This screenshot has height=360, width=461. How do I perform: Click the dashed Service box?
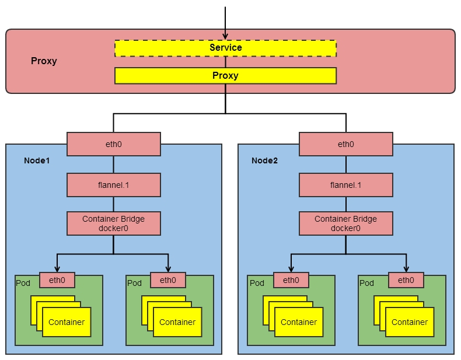pyautogui.click(x=225, y=48)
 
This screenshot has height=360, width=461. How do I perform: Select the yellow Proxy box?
pyautogui.click(x=225, y=76)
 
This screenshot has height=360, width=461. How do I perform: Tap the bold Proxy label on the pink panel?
pyautogui.click(x=44, y=61)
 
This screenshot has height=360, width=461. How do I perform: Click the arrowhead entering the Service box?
pyautogui.click(x=225, y=36)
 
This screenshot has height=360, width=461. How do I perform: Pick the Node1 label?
pyautogui.click(x=37, y=160)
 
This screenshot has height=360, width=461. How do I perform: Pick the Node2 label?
pyautogui.click(x=264, y=160)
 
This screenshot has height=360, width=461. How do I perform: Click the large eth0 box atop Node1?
pyautogui.click(x=114, y=144)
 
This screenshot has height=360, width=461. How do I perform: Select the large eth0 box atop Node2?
pyautogui.click(x=345, y=144)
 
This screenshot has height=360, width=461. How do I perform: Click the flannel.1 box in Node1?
pyautogui.click(x=114, y=185)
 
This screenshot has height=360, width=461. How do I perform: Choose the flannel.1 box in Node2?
pyautogui.click(x=345, y=185)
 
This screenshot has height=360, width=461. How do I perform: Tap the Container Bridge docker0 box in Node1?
pyautogui.click(x=114, y=223)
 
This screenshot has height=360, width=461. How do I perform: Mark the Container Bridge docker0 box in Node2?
pyautogui.click(x=345, y=223)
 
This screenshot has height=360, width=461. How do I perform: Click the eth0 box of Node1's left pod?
pyautogui.click(x=57, y=280)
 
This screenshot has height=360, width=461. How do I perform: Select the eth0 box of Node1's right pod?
pyautogui.click(x=168, y=280)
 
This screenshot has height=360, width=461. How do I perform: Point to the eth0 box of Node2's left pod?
pyautogui.click(x=291, y=280)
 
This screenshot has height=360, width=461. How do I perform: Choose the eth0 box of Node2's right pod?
pyautogui.click(x=406, y=280)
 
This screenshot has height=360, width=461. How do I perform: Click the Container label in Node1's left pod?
pyautogui.click(x=67, y=322)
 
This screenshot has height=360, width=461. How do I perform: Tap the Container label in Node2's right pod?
pyautogui.click(x=410, y=322)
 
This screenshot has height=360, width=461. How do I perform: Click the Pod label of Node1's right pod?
pyautogui.click(x=135, y=283)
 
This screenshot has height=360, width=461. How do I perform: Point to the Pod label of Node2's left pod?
pyautogui.click(x=257, y=283)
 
